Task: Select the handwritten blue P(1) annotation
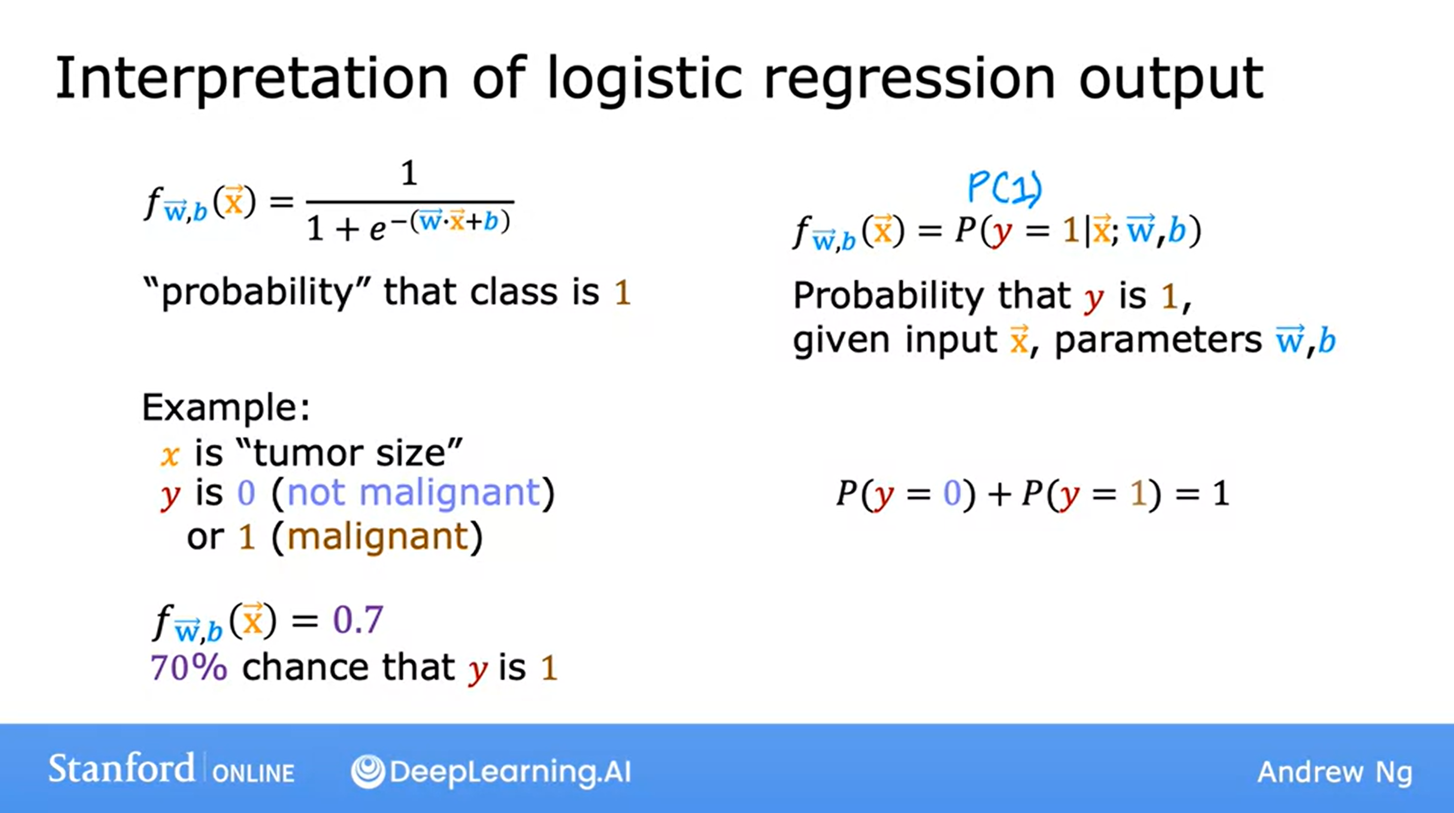pyautogui.click(x=1005, y=187)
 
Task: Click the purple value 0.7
pyautogui.click(x=359, y=620)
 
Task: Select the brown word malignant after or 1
pyautogui.click(x=378, y=536)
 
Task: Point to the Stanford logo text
pyautogui.click(x=122, y=768)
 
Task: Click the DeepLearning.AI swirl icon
pyautogui.click(x=368, y=771)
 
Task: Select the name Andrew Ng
pyautogui.click(x=1335, y=772)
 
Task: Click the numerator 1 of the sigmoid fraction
pyautogui.click(x=409, y=173)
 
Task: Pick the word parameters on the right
pyautogui.click(x=1158, y=340)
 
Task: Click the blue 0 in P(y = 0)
pyautogui.click(x=952, y=493)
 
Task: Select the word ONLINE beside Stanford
pyautogui.click(x=254, y=773)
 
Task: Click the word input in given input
pyautogui.click(x=951, y=340)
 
